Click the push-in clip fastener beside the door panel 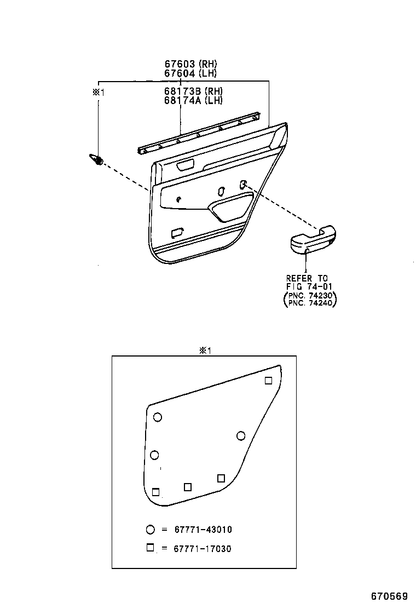point(96,159)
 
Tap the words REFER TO point(307,279)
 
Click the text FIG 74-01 point(309,286)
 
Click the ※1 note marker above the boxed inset point(204,351)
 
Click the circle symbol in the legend point(151,530)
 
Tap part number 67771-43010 point(203,530)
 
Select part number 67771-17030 point(203,548)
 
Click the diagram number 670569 point(389,596)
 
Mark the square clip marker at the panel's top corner point(268,381)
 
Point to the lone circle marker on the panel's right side point(240,435)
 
